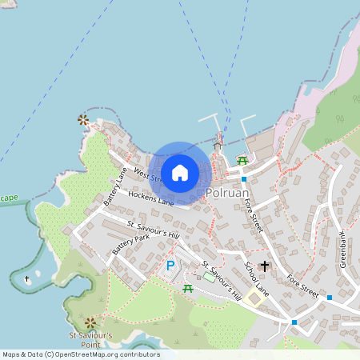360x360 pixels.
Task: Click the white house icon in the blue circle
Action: tap(180, 173)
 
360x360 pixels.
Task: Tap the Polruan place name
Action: tap(230, 194)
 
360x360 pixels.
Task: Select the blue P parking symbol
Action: tap(170, 266)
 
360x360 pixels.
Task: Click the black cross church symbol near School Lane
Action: tap(265, 266)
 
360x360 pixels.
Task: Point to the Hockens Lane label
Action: tap(150, 196)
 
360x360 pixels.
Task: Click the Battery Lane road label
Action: tap(115, 186)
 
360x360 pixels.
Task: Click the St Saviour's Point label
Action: tap(90, 338)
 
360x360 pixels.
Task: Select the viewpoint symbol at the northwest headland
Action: tap(82, 120)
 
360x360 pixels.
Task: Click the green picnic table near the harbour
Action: tap(242, 161)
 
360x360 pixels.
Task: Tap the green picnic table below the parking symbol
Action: tap(187, 287)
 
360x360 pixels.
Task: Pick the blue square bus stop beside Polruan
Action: tap(244, 179)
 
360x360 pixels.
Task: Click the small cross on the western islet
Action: tap(27, 279)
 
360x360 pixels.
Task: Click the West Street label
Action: tap(148, 174)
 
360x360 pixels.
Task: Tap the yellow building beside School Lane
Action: tap(254, 298)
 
